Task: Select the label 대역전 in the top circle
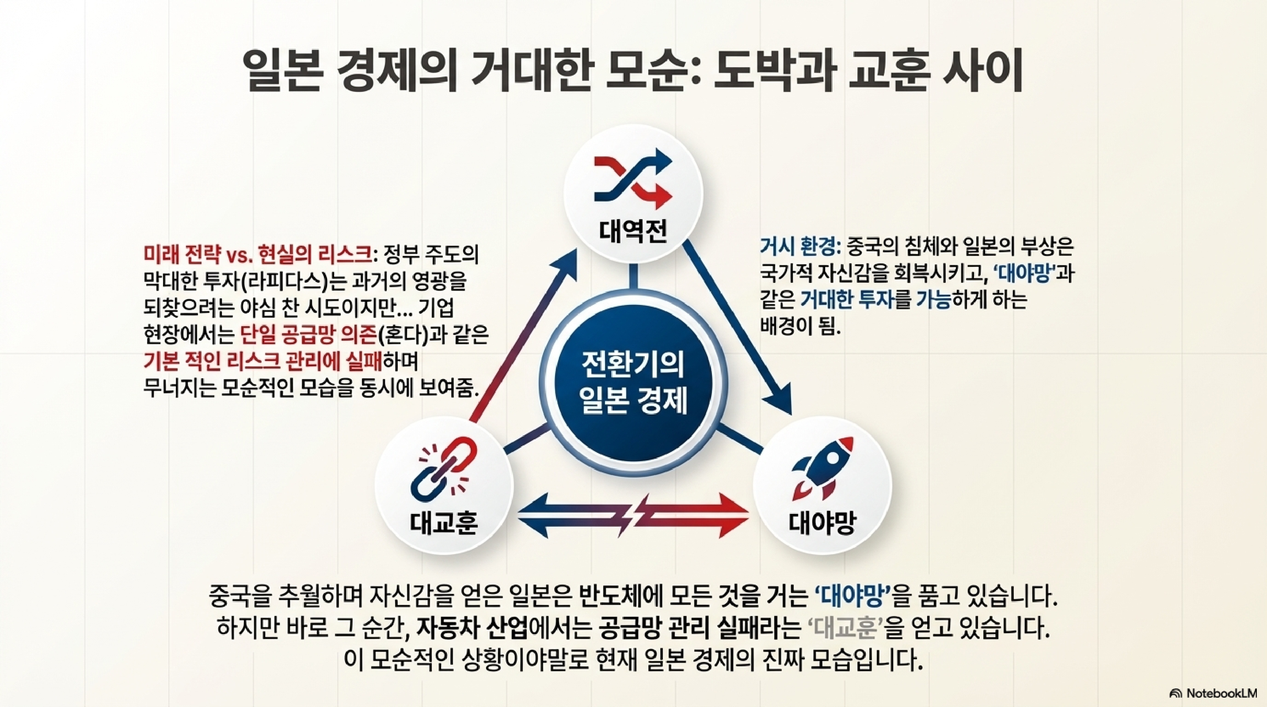632,231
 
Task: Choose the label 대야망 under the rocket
822,523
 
